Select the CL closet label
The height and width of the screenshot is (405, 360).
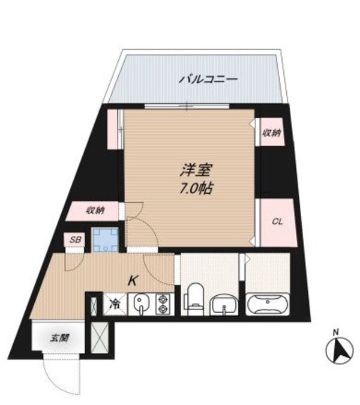(277, 221)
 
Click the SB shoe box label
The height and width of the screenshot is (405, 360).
(75, 239)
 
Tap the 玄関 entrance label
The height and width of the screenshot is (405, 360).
(58, 338)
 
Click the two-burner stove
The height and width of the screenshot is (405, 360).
(162, 303)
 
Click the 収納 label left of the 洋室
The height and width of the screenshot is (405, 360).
(95, 210)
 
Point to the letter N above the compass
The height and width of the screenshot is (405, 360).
(337, 332)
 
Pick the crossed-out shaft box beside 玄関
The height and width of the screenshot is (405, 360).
(98, 338)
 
